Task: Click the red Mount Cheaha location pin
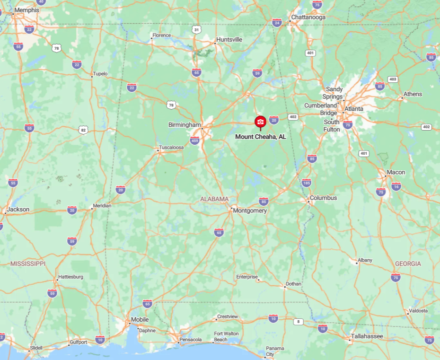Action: pos(260,122)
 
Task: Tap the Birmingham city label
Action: pos(185,125)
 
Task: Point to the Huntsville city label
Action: pos(229,39)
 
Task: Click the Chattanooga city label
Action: pos(308,17)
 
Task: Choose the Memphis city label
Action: pos(27,10)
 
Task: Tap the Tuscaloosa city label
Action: pos(171,148)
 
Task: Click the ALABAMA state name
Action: pos(214,199)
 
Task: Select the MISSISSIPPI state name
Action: pos(28,263)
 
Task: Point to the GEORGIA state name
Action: pos(408,263)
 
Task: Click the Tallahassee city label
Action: pos(367,336)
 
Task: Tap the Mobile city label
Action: pos(140,319)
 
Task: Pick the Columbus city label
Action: pos(324,198)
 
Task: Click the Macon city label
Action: pos(396,172)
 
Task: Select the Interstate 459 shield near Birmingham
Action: pos(194,140)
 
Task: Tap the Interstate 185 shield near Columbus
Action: pos(307,182)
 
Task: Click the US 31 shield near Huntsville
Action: pos(197,30)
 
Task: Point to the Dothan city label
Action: pos(293,284)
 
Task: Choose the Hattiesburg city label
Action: pos(70,277)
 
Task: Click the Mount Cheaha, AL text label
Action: pos(261,137)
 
